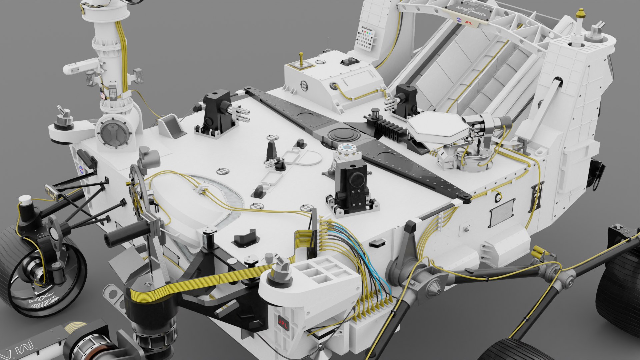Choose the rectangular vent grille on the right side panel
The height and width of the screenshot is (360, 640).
tap(502, 212)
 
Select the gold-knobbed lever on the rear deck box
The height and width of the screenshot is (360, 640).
tap(301, 59)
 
